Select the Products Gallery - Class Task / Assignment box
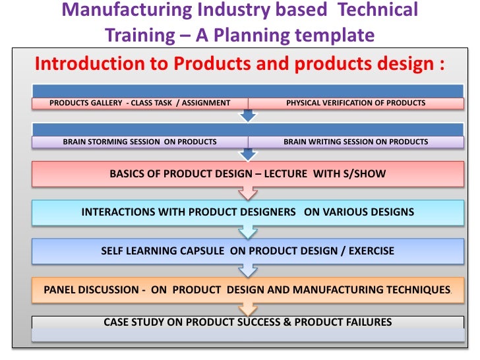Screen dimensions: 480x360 pyautogui.click(x=140, y=103)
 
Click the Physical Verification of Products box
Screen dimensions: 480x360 pyautogui.click(x=355, y=103)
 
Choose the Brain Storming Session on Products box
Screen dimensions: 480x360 pyautogui.click(x=140, y=142)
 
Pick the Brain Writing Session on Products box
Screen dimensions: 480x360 pyautogui.click(x=355, y=142)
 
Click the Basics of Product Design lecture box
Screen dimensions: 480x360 pyautogui.click(x=247, y=174)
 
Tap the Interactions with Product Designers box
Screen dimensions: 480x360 pyautogui.click(x=247, y=212)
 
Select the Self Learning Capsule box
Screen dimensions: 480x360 pyautogui.click(x=247, y=251)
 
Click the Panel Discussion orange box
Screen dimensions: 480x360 pyautogui.click(x=247, y=289)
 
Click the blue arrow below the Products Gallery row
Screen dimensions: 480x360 pyautogui.click(x=248, y=115)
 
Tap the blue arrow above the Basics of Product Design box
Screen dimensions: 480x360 pyautogui.click(x=248, y=154)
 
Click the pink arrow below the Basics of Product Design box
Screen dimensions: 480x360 pyautogui.click(x=248, y=193)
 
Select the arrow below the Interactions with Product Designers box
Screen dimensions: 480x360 pyautogui.click(x=248, y=231)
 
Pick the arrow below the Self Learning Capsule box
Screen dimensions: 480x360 pyautogui.click(x=248, y=270)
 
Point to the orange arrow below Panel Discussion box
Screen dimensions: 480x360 pyautogui.click(x=248, y=309)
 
